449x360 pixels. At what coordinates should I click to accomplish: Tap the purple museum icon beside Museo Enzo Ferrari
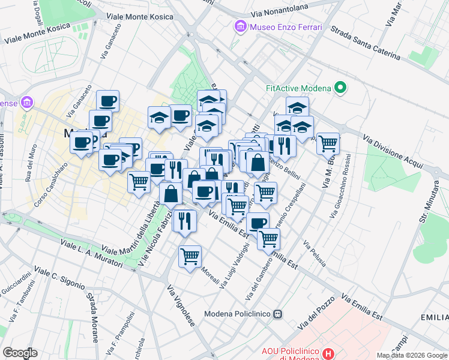241,27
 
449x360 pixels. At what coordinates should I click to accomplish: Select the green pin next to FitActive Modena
341,88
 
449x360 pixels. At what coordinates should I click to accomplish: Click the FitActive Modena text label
298,88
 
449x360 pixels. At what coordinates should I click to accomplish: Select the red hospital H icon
328,353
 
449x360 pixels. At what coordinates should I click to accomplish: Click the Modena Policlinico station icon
278,314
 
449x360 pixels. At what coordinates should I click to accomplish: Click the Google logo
20,352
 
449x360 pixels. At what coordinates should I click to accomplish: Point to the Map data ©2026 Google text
411,355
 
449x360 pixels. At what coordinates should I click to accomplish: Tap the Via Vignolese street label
181,306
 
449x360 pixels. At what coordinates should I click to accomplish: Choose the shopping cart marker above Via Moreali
190,256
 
